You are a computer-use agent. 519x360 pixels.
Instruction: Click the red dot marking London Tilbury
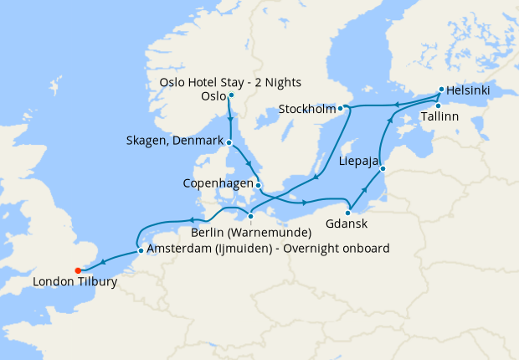pos(77,270)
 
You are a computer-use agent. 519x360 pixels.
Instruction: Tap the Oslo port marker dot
pos(230,95)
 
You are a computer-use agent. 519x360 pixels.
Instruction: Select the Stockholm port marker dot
pos(342,109)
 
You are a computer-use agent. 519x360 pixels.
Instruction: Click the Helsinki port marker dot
pos(441,90)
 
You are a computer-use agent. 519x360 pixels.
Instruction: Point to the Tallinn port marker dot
pos(438,105)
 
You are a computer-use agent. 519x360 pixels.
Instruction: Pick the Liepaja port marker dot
pos(383,170)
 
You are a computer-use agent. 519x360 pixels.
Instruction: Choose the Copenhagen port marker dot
pos(258,186)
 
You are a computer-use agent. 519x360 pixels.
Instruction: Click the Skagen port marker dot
pos(228,142)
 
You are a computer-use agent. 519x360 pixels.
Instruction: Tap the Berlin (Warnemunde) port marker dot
pos(250,216)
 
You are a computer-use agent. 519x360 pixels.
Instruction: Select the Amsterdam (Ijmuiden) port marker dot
pos(139,249)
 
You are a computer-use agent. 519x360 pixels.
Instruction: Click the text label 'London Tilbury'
pos(75,282)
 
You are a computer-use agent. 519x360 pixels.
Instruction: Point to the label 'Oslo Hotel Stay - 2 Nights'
pos(230,82)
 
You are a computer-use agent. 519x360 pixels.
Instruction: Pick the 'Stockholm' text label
pos(307,109)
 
